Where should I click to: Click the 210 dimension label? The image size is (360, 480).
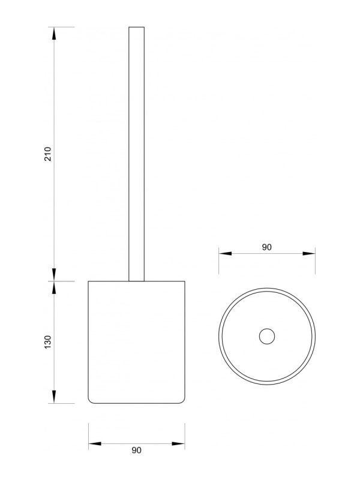[48, 154]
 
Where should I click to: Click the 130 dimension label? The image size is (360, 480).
[48, 342]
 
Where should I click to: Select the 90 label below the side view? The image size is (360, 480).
[137, 451]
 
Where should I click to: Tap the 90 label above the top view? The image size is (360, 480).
[266, 247]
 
